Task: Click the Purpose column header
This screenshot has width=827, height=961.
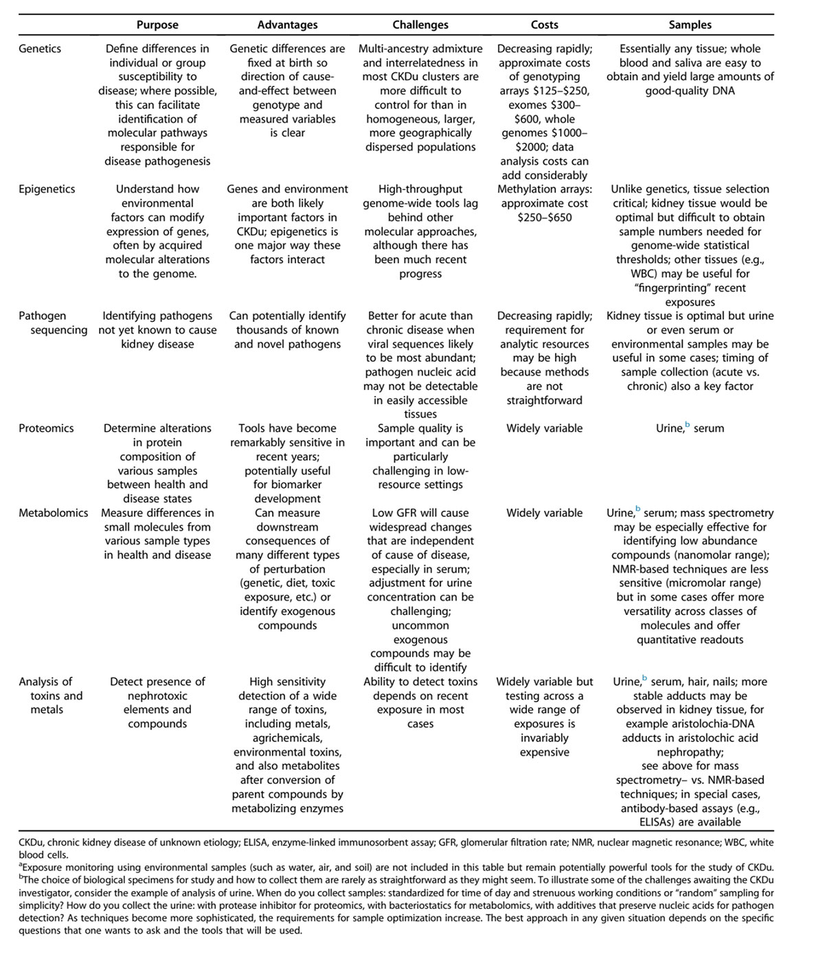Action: point(157,25)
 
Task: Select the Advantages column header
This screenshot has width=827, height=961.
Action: point(287,25)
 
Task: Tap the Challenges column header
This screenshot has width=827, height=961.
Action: point(420,25)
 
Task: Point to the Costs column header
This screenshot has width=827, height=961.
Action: point(545,25)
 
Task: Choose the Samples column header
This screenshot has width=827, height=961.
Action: point(690,25)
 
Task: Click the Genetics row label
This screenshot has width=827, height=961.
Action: point(40,49)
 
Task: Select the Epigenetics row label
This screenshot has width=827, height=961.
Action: point(47,189)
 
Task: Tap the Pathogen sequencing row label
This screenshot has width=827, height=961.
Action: point(53,323)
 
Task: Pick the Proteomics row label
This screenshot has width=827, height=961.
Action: point(46,428)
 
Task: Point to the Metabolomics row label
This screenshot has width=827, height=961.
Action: point(54,513)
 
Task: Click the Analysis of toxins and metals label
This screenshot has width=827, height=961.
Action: point(50,695)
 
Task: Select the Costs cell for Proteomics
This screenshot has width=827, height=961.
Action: point(545,428)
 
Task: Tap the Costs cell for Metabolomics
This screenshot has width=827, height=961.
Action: point(545,513)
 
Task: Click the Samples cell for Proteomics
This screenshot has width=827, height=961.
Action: point(690,428)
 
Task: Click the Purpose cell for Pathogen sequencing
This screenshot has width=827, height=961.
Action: point(157,329)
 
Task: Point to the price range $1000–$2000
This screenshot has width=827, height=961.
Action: point(545,140)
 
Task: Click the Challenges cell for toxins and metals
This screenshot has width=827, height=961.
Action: point(420,702)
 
